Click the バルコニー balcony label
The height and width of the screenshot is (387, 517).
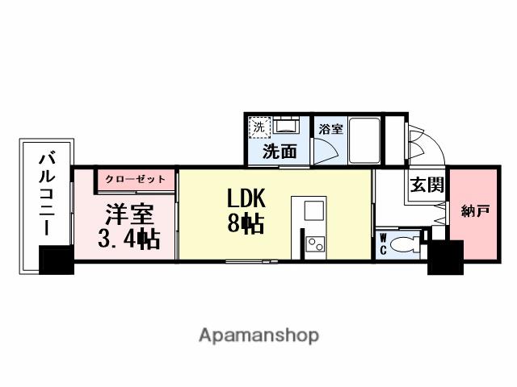(x=44, y=193)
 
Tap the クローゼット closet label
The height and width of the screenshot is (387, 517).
(x=133, y=178)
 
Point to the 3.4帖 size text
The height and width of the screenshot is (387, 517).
(x=127, y=239)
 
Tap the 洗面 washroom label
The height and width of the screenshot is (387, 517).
(x=277, y=151)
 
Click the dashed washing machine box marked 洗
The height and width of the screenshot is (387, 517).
(x=258, y=126)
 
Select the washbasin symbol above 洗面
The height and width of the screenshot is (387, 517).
(x=284, y=126)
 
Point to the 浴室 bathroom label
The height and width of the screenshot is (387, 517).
(x=330, y=129)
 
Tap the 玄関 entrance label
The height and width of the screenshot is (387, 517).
(x=426, y=185)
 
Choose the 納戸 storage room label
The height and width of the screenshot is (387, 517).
(x=473, y=212)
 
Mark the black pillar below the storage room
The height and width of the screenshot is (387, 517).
(x=444, y=258)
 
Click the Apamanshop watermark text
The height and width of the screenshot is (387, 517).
(x=258, y=335)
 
